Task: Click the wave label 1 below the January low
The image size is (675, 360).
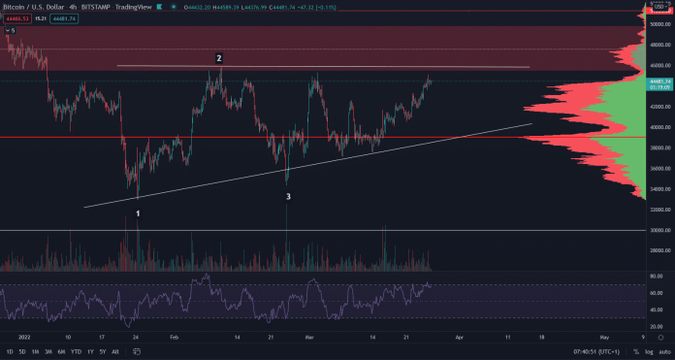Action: pyautogui.click(x=139, y=213)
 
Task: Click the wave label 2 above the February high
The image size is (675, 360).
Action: pyautogui.click(x=219, y=58)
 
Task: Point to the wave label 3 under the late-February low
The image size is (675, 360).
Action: pyautogui.click(x=288, y=197)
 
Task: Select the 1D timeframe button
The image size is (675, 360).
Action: pyautogui.click(x=10, y=351)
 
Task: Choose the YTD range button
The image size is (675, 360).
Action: pyautogui.click(x=76, y=351)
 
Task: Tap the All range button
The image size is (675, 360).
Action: pyautogui.click(x=115, y=351)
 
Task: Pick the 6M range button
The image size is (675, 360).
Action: pyautogui.click(x=60, y=351)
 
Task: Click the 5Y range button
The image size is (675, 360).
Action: pyautogui.click(x=102, y=351)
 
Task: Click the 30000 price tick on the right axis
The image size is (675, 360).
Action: pyautogui.click(x=657, y=231)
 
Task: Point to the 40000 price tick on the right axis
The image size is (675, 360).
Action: pyautogui.click(x=657, y=127)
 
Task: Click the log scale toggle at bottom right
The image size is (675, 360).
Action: pyautogui.click(x=649, y=351)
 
